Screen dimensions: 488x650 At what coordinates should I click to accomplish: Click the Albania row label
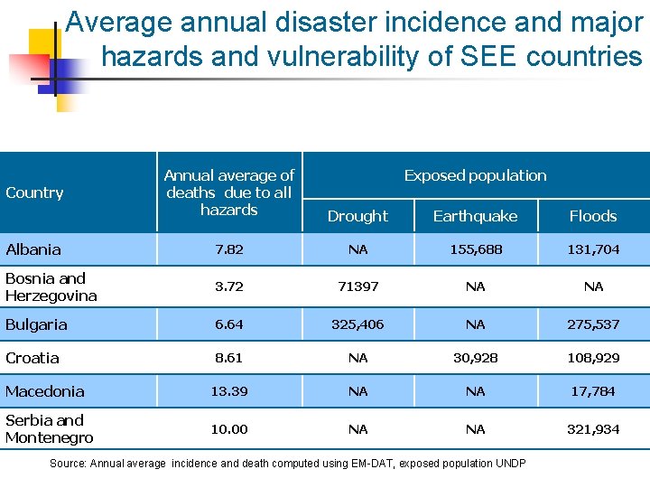33,249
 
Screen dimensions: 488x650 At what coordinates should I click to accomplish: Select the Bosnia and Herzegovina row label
51,286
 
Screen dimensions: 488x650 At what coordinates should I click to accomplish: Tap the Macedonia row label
45,391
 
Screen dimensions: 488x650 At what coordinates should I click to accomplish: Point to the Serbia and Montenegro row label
50,428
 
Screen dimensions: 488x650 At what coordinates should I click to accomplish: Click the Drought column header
357,216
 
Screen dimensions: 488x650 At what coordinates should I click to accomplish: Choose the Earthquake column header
475,216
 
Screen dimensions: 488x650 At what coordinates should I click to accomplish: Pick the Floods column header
593,216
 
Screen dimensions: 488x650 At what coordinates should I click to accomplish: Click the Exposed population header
475,175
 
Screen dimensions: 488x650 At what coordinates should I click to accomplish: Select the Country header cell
34,192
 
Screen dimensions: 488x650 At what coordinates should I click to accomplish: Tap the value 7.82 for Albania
228,249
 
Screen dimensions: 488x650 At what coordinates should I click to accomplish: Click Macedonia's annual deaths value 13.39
228,391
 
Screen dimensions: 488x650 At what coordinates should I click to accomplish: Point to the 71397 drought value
357,286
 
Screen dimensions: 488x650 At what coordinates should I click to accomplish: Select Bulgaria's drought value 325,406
357,324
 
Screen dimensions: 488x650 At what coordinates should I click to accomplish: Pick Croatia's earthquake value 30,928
475,358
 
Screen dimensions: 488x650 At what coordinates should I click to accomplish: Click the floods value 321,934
593,429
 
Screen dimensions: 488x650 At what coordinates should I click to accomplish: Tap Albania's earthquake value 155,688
475,249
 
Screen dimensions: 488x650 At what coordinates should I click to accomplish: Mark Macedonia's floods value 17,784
593,391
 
